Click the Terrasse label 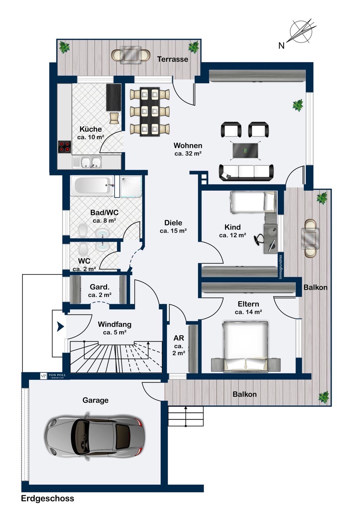173,59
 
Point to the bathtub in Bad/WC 92,186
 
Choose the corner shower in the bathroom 130,186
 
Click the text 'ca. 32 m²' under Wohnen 188,154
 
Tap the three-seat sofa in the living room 246,172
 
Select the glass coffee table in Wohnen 245,150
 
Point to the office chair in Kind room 258,240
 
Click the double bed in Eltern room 246,346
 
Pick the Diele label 173,223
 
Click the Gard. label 100,287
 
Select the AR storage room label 179,338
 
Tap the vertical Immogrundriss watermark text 281,267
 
